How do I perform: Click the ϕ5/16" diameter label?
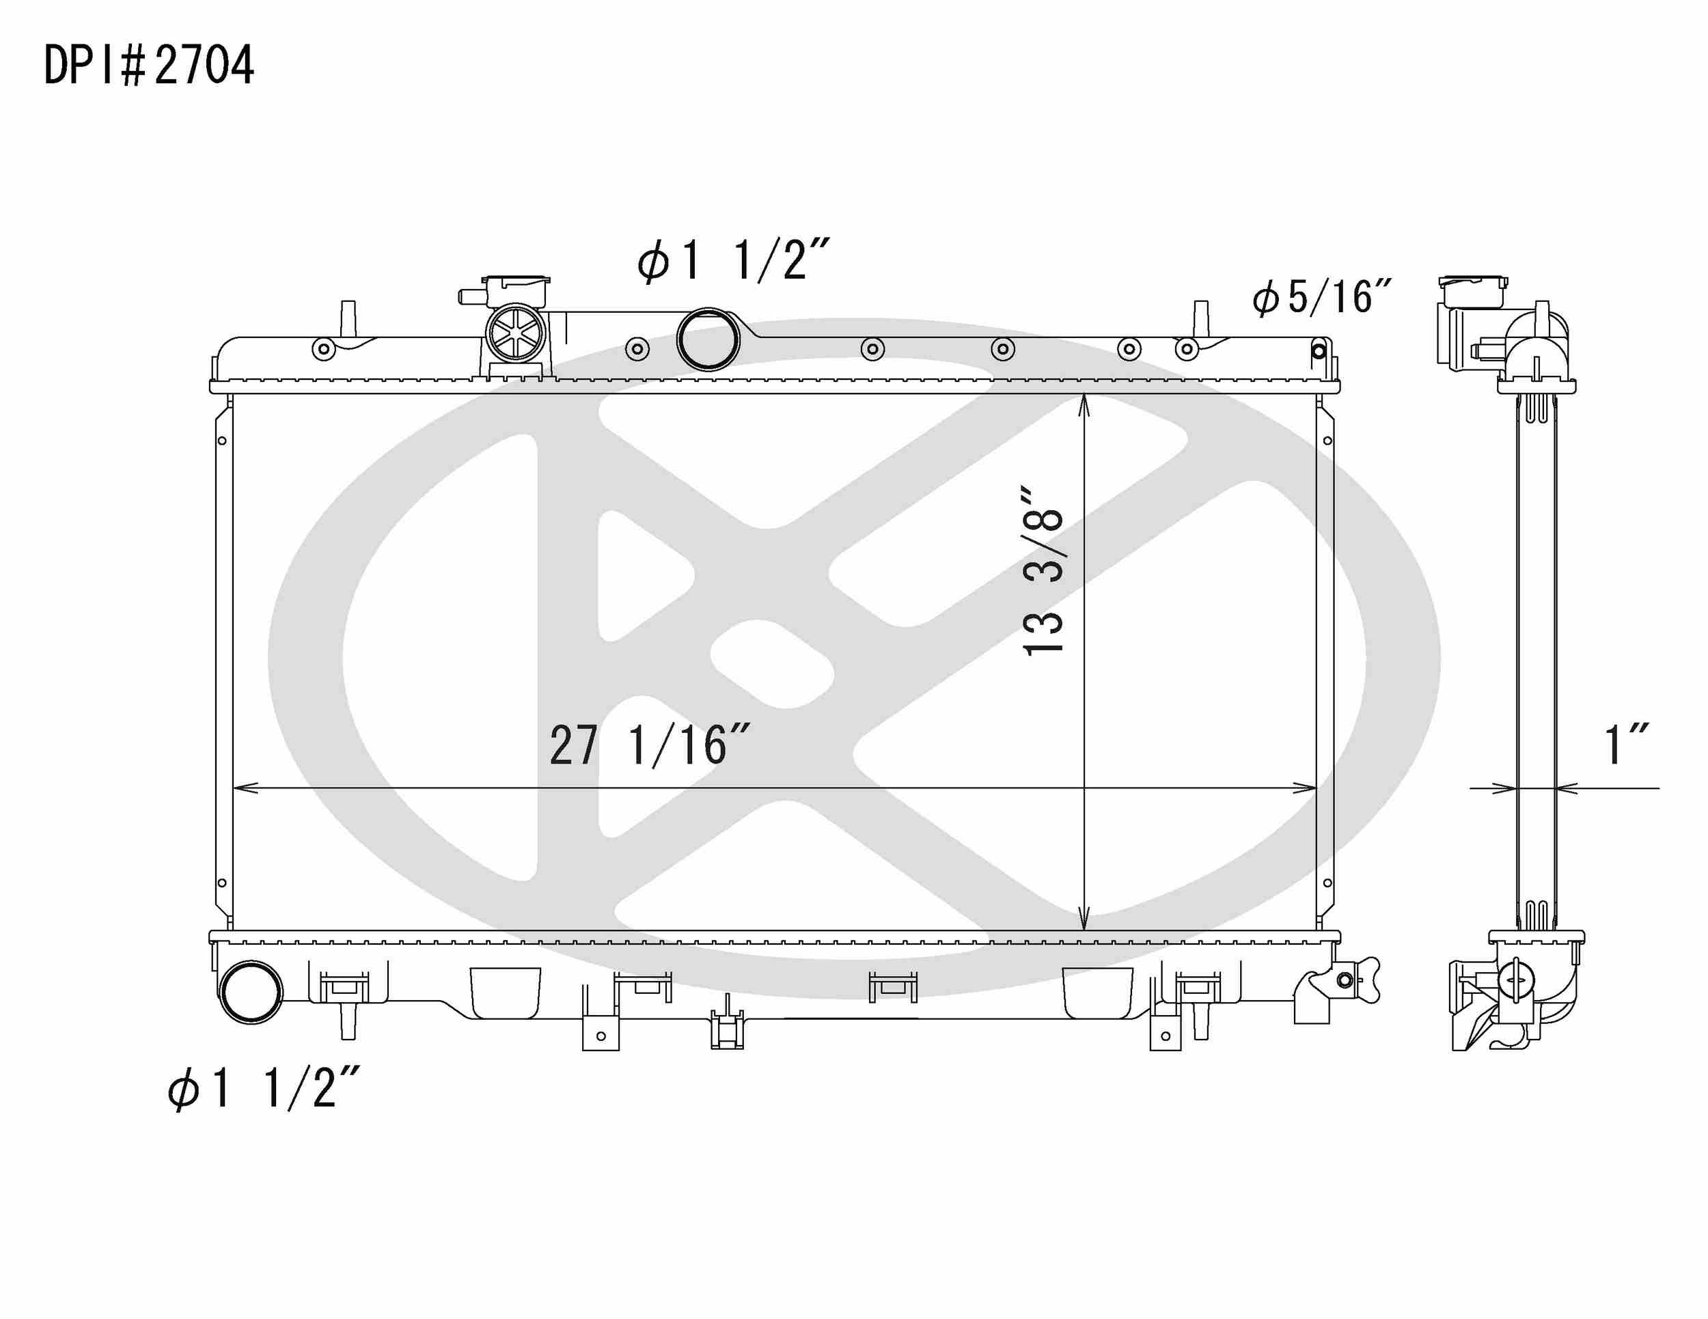1322,298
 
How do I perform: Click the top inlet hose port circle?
708,339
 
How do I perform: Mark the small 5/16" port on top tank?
1319,350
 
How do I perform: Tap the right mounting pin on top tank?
1200,318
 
